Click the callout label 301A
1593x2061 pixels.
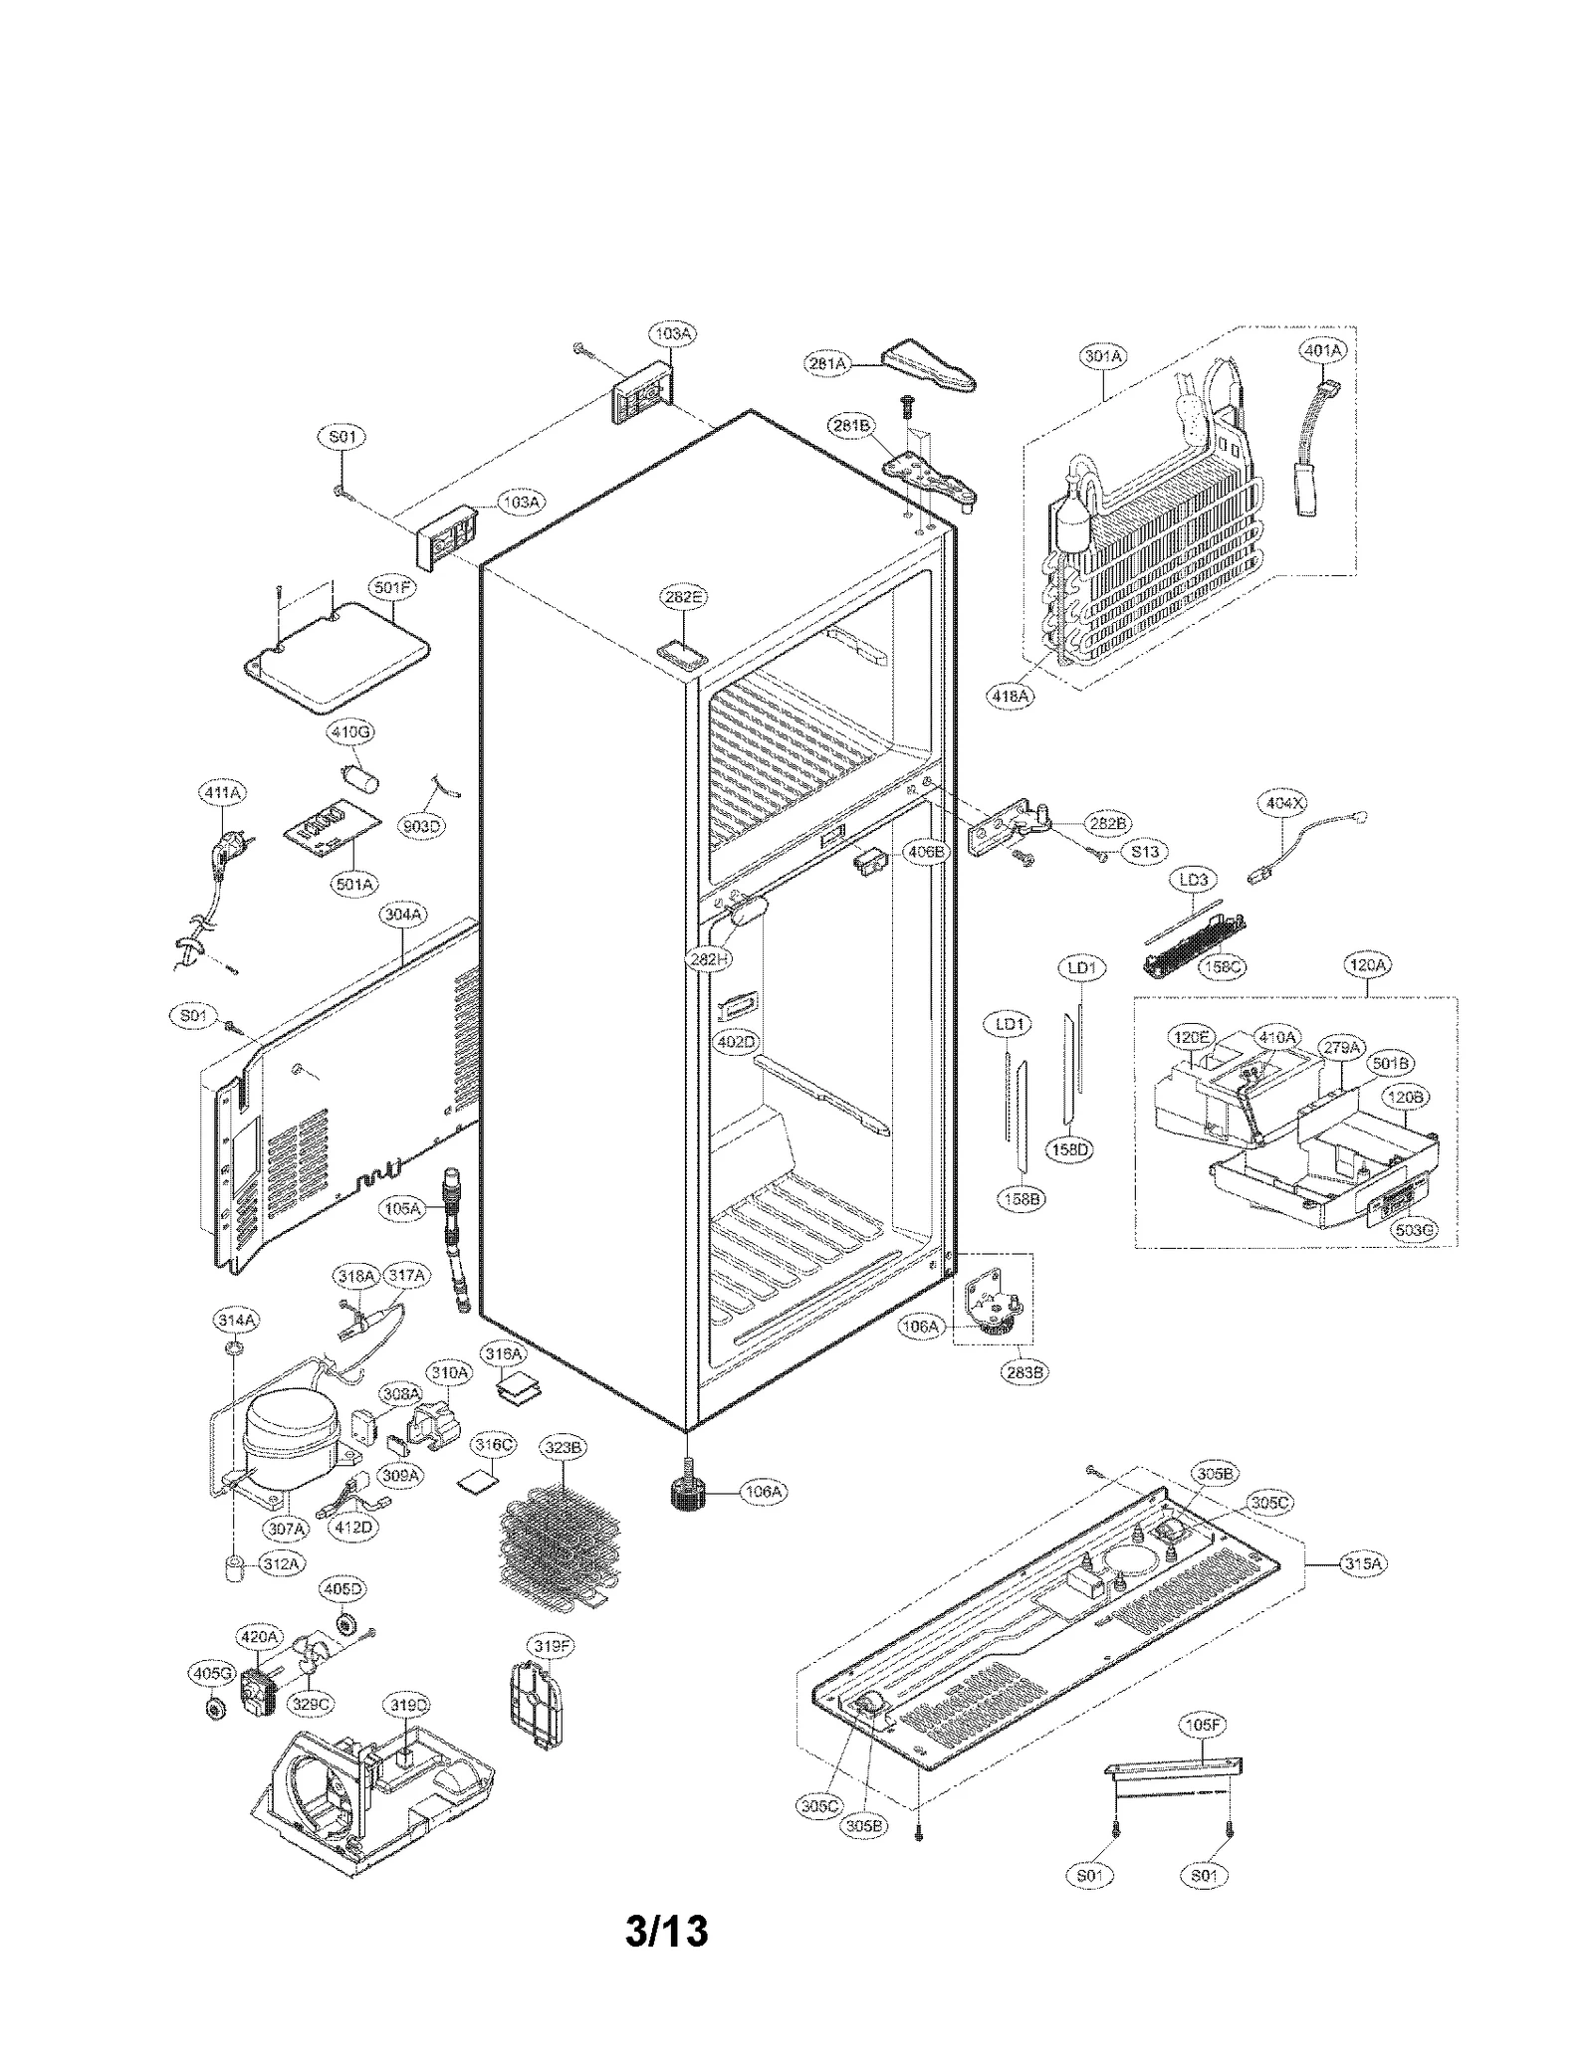(x=1102, y=355)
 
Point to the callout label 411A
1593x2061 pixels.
(x=223, y=792)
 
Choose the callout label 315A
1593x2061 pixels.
(x=1362, y=1564)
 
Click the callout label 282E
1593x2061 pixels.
(x=683, y=597)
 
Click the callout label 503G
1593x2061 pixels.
(x=1413, y=1230)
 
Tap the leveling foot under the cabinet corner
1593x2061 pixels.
(x=686, y=1495)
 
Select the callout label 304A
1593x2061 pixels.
(x=403, y=913)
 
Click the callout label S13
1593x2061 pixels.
(x=1144, y=852)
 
